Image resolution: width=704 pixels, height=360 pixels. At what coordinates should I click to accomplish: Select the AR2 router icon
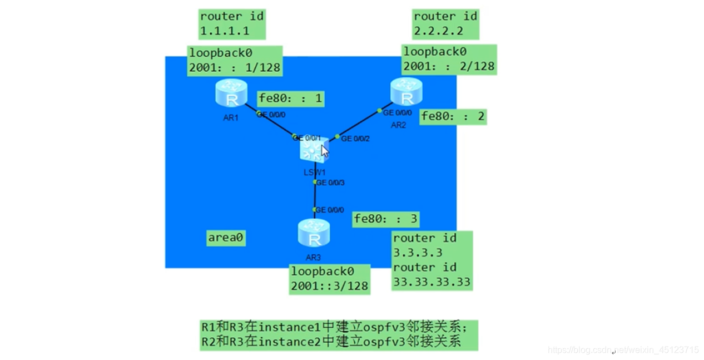[406, 92]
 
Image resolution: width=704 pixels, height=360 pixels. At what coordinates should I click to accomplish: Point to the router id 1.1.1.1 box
[232, 23]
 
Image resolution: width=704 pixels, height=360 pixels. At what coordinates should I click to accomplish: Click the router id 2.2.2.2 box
[445, 23]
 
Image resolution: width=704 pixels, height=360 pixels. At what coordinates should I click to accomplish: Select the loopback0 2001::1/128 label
[235, 60]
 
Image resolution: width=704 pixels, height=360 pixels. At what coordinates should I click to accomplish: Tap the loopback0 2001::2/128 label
[449, 60]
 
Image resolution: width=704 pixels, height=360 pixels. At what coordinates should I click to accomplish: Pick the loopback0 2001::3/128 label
[329, 279]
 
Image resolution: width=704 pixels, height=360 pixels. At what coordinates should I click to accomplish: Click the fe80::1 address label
[290, 99]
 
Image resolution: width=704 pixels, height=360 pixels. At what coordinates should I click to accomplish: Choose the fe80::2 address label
[453, 116]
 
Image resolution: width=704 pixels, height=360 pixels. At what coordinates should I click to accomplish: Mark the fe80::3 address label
[386, 219]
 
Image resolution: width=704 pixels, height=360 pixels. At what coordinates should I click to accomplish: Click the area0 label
[226, 238]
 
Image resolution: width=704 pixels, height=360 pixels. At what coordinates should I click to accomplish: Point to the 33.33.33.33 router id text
[432, 282]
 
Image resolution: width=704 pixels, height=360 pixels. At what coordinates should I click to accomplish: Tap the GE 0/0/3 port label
[331, 183]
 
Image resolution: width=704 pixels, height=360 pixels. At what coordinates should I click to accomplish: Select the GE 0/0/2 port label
[355, 139]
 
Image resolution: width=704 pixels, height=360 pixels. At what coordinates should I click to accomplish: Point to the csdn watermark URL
[623, 350]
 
